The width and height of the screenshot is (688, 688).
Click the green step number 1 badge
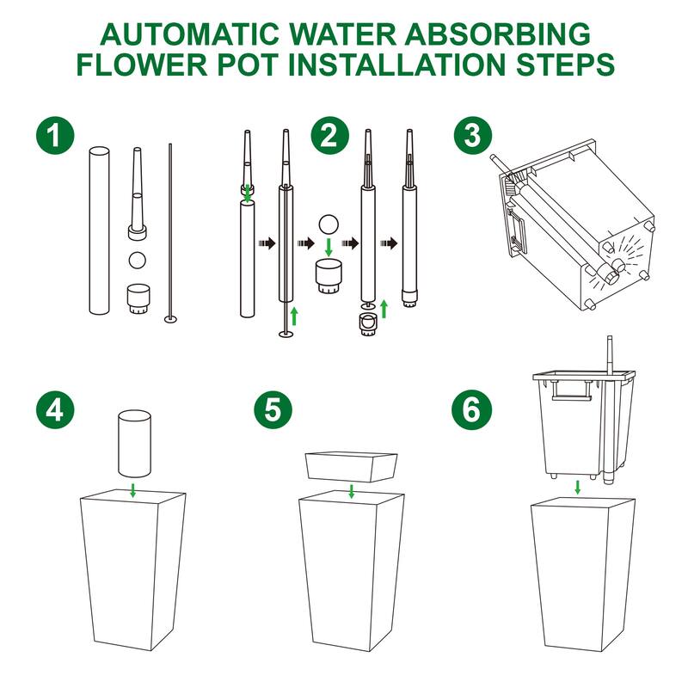click(55, 135)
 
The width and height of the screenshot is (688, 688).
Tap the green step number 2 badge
click(330, 135)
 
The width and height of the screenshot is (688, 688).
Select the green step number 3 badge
click(472, 135)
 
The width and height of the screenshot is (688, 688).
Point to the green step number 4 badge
click(55, 410)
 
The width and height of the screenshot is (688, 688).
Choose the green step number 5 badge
click(273, 410)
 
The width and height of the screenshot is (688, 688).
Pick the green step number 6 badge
click(471, 410)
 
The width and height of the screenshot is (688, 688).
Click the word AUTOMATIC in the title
click(189, 34)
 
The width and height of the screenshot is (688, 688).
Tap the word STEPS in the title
click(565, 64)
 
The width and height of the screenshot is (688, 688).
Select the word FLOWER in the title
click(142, 64)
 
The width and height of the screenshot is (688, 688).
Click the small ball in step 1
click(138, 261)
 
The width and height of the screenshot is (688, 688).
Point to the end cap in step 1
click(138, 298)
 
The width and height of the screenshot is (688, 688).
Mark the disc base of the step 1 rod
click(170, 318)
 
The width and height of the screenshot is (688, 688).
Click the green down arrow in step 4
click(133, 490)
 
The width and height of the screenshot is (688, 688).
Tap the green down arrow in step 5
click(351, 490)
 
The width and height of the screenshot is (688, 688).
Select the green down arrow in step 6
click(578, 487)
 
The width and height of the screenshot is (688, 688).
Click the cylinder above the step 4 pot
click(134, 444)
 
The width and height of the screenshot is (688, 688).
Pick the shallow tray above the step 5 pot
click(351, 466)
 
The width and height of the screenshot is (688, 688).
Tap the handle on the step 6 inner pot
click(571, 390)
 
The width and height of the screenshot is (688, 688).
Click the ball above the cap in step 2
click(329, 224)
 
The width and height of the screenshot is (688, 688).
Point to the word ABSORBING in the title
click(498, 34)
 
